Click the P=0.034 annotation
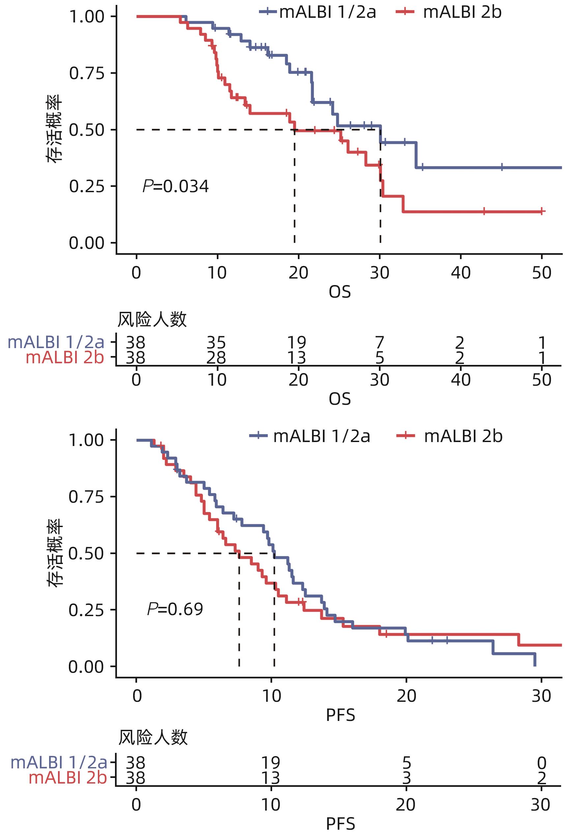click(x=175, y=187)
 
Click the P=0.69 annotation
click(x=175, y=609)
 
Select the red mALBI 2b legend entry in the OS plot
click(x=449, y=12)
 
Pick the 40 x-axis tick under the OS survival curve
click(x=461, y=273)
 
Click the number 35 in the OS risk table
click(x=216, y=342)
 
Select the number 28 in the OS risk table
click(x=216, y=358)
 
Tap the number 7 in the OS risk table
click(x=380, y=342)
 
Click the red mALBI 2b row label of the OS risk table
click(x=65, y=358)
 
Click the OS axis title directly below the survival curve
click(x=340, y=292)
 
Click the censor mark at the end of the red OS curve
click(x=542, y=211)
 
